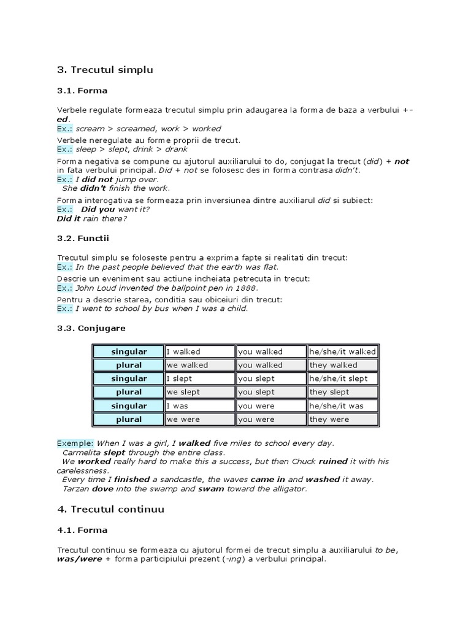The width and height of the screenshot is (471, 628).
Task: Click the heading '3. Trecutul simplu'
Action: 105,70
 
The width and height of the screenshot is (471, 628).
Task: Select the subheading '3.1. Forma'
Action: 82,91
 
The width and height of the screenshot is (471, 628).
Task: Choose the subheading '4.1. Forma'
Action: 82,530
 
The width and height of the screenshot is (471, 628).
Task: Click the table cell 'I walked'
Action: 200,351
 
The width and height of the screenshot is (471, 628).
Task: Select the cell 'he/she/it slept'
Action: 342,378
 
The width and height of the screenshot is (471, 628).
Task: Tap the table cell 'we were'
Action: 200,419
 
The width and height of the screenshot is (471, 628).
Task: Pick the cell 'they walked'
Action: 342,365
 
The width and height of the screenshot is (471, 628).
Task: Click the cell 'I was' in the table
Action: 200,405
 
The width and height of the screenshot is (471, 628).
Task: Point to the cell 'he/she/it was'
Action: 342,405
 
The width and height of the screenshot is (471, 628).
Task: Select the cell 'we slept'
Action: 200,392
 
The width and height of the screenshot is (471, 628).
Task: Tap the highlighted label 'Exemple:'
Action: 75,443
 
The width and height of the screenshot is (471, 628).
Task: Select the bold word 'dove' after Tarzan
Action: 102,489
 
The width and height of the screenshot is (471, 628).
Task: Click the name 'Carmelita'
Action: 82,452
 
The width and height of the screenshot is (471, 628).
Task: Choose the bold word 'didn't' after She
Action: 93,188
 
